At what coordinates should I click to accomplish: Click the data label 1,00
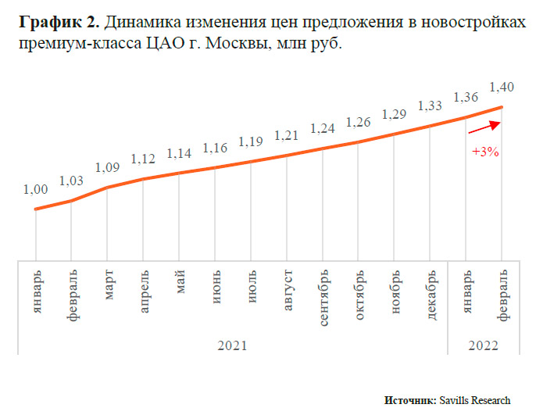coord(35,190)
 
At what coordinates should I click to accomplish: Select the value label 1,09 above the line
coord(107,167)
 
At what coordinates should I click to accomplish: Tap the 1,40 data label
coord(501,86)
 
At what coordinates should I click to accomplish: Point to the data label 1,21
coord(287,136)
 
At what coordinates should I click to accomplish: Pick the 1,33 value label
coord(431,106)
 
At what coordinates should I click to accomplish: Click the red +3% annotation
coord(485,152)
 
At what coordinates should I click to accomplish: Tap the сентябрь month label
coord(323,294)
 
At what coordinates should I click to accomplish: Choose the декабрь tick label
coord(431,291)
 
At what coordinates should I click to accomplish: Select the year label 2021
coord(234,345)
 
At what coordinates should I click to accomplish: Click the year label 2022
coord(484,345)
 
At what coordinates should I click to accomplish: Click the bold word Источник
coord(410,399)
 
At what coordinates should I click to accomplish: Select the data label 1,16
coord(216,147)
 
